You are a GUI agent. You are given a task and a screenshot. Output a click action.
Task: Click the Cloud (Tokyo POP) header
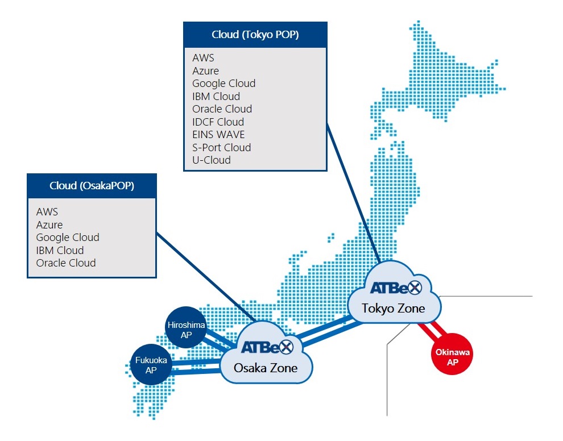255,35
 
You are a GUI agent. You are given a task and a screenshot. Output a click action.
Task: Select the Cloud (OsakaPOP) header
92,185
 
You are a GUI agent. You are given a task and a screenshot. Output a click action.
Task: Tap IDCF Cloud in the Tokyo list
218,122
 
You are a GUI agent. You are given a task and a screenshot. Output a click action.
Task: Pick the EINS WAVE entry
218,135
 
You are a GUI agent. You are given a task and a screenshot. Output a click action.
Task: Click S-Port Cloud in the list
222,148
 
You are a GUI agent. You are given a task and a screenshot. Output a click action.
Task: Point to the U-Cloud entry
212,160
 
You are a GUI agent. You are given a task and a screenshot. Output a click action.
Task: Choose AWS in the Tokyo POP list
203,58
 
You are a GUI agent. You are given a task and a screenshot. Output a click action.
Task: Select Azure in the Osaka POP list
49,224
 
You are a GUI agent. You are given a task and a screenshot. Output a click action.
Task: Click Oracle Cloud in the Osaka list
66,263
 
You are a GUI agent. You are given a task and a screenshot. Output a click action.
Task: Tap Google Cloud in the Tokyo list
224,84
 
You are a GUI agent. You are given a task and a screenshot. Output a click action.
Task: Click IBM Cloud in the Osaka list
60,250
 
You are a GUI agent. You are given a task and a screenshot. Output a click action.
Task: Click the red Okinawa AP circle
452,354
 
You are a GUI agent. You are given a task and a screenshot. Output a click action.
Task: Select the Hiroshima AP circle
186,327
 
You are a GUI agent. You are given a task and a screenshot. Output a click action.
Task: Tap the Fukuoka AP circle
151,365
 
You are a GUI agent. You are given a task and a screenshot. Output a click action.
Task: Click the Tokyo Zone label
393,308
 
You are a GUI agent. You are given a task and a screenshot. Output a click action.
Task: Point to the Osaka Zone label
266,368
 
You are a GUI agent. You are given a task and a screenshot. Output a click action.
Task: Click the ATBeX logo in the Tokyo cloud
396,288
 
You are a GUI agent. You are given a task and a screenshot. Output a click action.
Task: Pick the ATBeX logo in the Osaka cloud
267,347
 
